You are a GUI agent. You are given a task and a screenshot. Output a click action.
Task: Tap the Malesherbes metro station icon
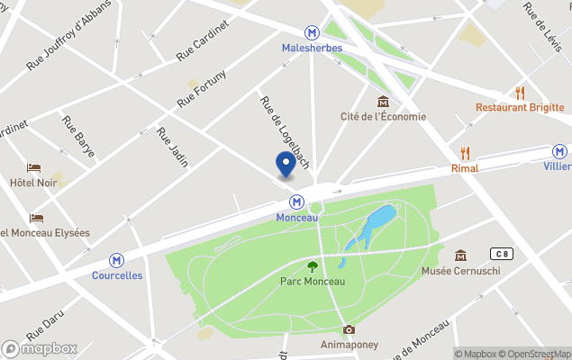pyautogui.click(x=312, y=31)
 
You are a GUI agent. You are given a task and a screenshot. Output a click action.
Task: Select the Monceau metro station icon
pyautogui.click(x=296, y=202)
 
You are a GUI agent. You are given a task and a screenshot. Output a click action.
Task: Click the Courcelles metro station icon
pyautogui.click(x=116, y=260)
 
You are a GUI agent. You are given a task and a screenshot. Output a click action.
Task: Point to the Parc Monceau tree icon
pyautogui.click(x=313, y=265)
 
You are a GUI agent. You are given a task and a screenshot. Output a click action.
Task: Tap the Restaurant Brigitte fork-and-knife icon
pyautogui.click(x=520, y=93)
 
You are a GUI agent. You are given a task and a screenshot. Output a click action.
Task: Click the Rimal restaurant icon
pyautogui.click(x=465, y=153)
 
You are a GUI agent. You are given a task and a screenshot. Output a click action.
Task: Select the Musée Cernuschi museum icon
pyautogui.click(x=461, y=256)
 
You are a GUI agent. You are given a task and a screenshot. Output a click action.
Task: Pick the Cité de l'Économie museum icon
pyautogui.click(x=384, y=101)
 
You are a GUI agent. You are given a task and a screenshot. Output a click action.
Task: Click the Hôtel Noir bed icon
pyautogui.click(x=33, y=167)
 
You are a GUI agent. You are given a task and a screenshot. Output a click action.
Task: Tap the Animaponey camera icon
pyautogui.click(x=349, y=329)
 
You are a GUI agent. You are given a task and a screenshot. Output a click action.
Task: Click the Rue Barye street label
pyautogui.click(x=78, y=136)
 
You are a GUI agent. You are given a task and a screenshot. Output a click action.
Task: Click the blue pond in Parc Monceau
pyautogui.click(x=377, y=220)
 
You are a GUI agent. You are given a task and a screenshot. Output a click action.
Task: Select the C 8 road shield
pyautogui.click(x=501, y=254)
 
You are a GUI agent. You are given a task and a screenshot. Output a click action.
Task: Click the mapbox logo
pyautogui.click(x=41, y=348)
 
